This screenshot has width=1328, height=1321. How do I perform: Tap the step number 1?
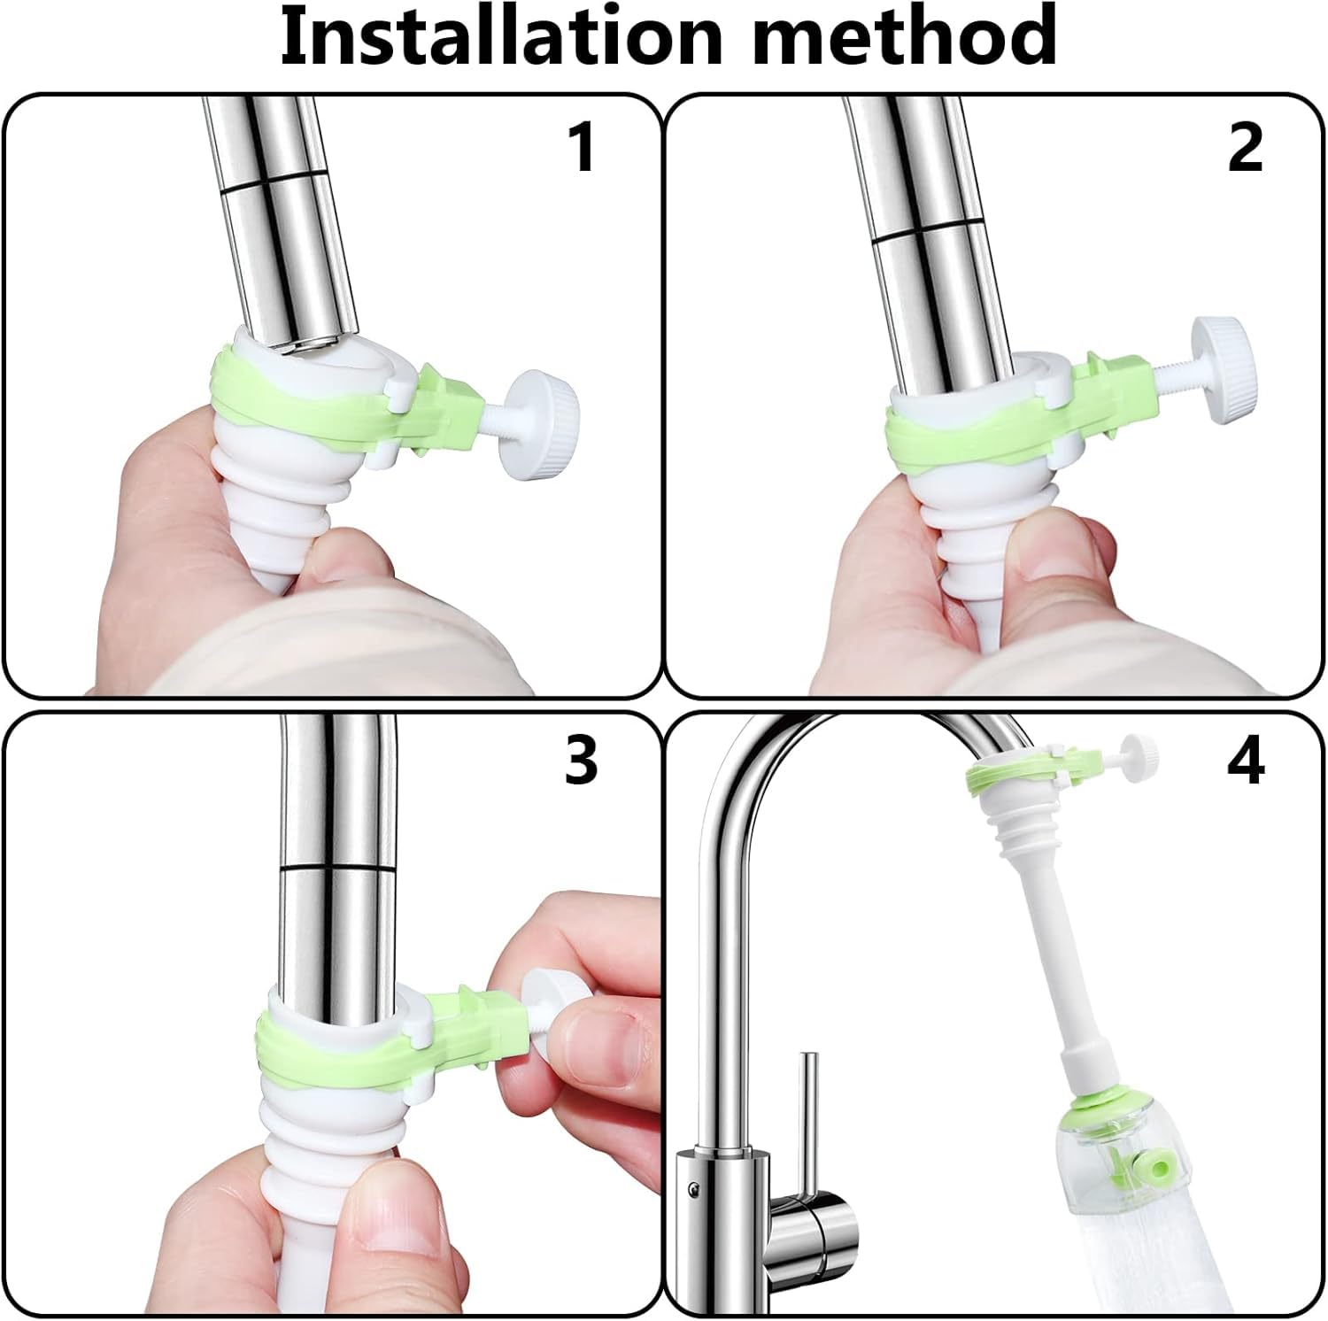[581, 147]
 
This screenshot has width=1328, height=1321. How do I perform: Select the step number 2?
[1245, 147]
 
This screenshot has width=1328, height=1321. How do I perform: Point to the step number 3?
[581, 760]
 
